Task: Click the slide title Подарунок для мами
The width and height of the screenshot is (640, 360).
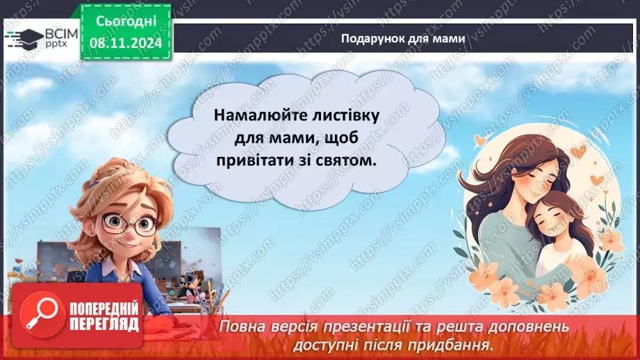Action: (x=402, y=38)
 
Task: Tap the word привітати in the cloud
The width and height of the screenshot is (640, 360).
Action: (x=256, y=160)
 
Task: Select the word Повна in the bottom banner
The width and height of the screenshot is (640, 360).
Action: (x=244, y=326)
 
